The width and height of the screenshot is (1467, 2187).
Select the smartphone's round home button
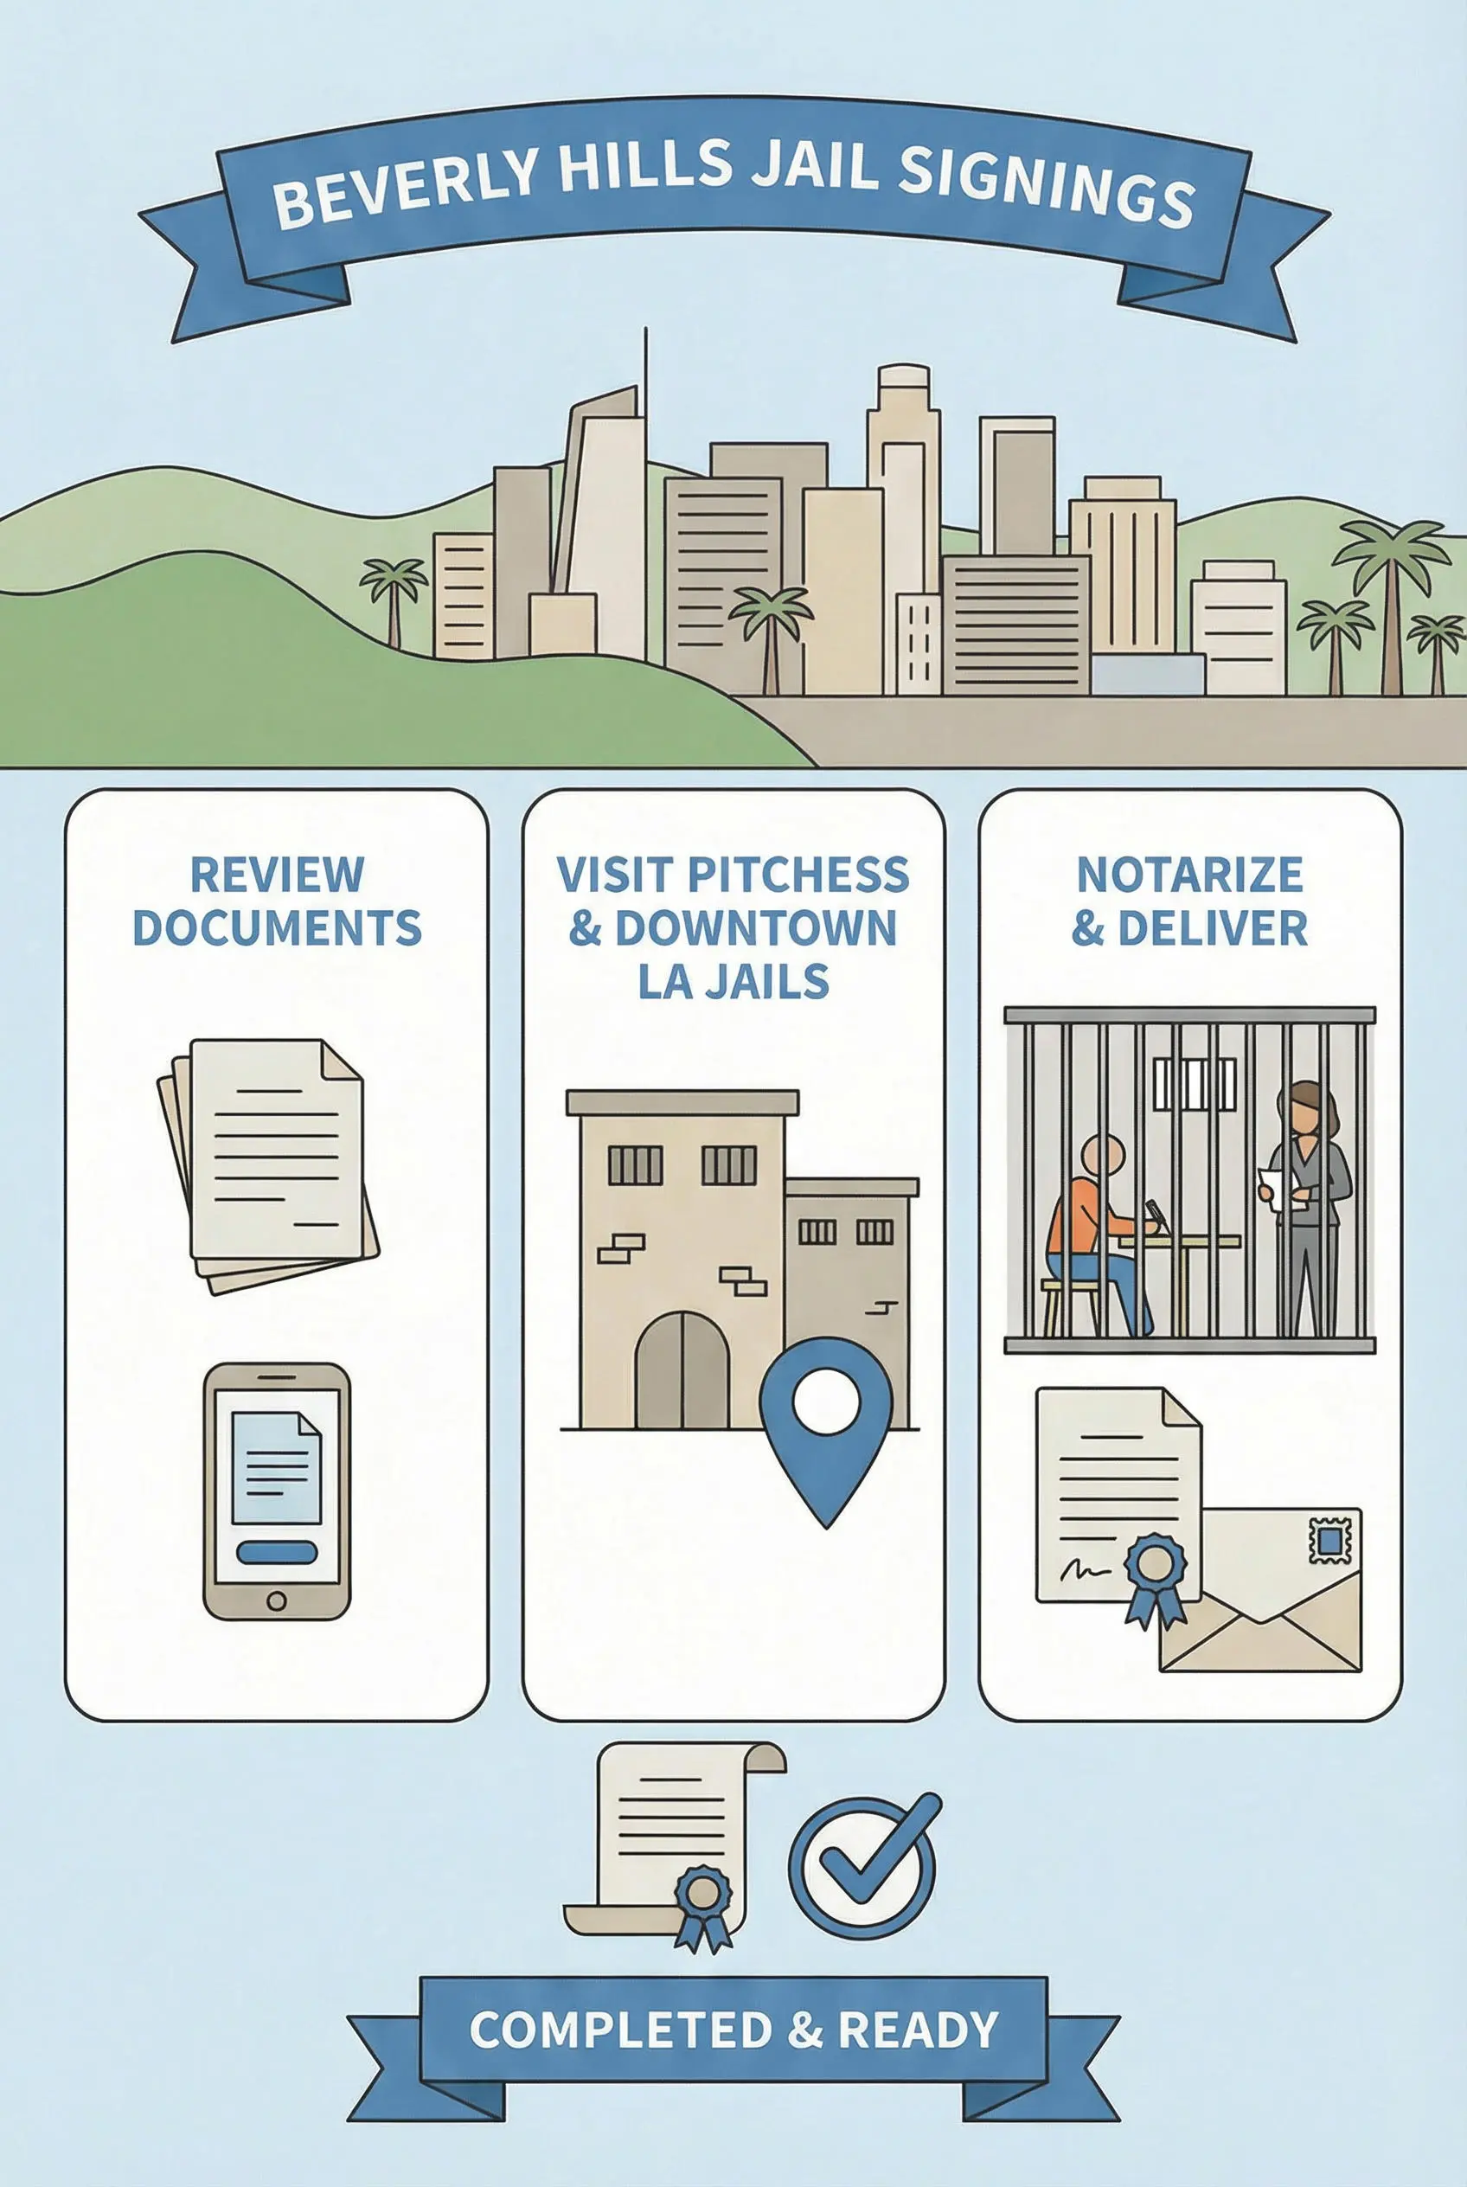[x=276, y=1600]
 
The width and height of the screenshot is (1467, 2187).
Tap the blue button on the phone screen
[x=276, y=1553]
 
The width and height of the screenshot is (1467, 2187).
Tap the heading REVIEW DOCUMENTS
[x=277, y=901]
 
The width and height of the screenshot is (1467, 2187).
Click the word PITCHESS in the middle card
[x=798, y=874]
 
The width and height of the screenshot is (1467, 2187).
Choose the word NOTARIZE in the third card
[x=1189, y=874]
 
